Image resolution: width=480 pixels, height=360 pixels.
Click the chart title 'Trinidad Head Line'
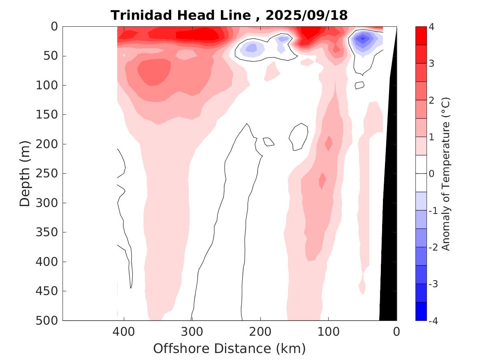[181, 16]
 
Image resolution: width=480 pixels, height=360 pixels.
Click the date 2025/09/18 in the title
[307, 16]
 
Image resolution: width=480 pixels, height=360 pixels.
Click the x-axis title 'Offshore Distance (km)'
[229, 349]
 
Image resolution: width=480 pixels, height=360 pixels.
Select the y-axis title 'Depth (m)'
[25, 173]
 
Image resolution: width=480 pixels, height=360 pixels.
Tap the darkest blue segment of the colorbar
[421, 311]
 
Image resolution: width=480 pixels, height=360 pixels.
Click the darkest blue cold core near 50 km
[362, 39]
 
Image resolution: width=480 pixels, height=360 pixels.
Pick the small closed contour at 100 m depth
[359, 85]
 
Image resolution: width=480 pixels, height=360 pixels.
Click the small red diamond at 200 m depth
[329, 143]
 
